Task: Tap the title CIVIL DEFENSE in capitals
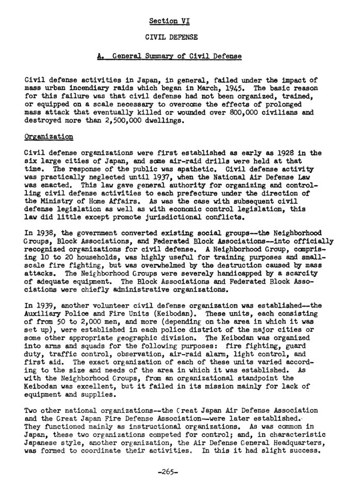pyautogui.click(x=169, y=38)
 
